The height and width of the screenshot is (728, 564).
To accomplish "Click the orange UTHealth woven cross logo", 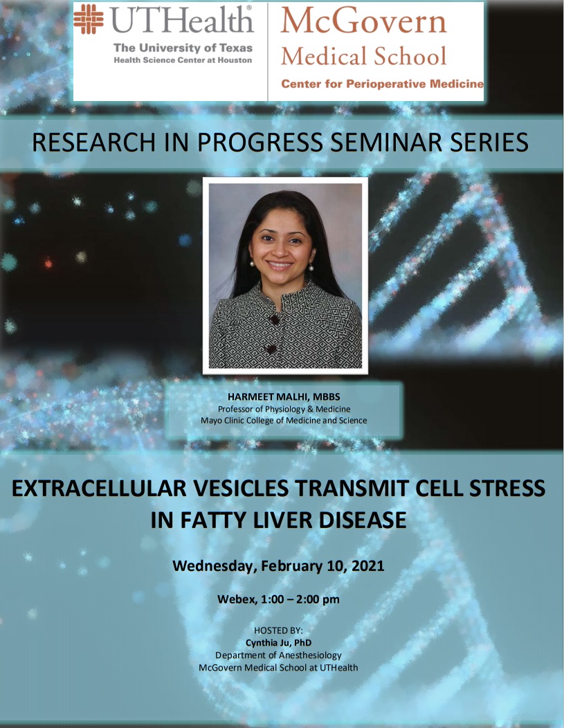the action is pos(89,19).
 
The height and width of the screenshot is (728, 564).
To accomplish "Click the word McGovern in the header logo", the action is pos(363,21).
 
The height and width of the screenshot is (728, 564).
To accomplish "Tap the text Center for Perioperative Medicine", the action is pos(383,84).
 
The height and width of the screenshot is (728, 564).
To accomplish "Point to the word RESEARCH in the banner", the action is pos(93,142).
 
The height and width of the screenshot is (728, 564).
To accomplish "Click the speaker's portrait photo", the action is pos(286,276).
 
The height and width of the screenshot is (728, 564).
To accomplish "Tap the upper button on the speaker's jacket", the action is pos(274,320).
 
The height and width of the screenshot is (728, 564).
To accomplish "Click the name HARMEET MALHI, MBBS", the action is pos(284,397).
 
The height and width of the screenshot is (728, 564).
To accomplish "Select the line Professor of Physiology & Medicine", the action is pos(284,409).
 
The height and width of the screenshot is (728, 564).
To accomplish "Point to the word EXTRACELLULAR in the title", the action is pos(100,489).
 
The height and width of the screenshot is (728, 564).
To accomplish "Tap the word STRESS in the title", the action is pos(506,489).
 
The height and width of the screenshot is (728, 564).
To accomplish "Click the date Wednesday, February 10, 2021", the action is pos(278,566).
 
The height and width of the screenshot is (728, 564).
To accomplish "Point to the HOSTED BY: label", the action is pos(278,630).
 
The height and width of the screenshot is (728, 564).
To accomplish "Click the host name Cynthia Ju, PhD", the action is pos(278,643).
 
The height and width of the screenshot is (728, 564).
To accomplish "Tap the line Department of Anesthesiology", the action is pos(278,655).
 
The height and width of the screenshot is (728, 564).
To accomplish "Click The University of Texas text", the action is pos(183,48).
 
